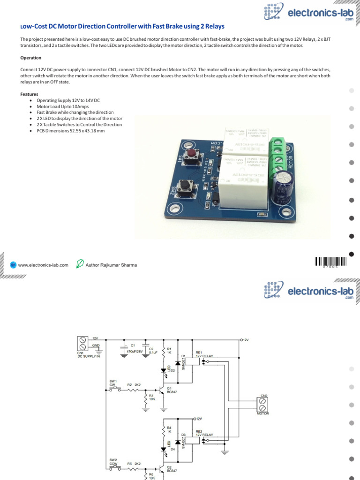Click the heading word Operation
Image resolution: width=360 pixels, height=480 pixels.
tap(30, 58)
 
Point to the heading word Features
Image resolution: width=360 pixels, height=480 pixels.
tap(29, 94)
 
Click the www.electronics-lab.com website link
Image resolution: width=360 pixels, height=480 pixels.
tap(43, 265)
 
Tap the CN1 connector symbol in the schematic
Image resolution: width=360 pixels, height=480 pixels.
tap(83, 343)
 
